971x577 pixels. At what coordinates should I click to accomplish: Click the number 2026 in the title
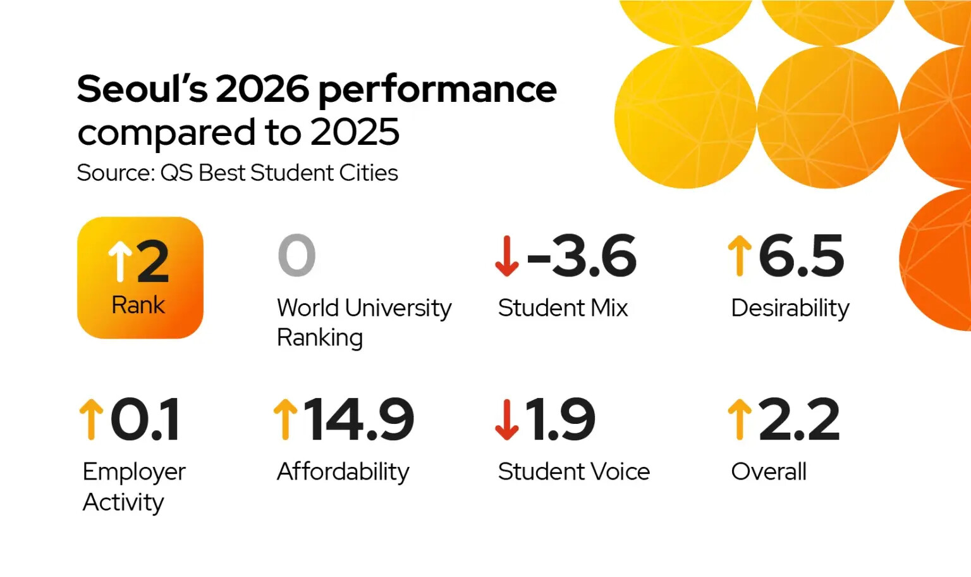click(263, 89)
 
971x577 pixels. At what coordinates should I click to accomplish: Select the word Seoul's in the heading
click(142, 89)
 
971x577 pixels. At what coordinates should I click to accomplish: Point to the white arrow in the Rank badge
click(119, 261)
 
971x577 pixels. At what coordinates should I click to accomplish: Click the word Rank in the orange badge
click(138, 305)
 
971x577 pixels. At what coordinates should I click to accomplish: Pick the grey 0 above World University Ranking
click(296, 255)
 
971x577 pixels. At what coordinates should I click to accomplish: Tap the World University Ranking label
click(364, 322)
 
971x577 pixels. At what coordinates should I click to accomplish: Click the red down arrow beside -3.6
click(506, 256)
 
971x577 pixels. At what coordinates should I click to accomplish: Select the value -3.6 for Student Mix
click(581, 256)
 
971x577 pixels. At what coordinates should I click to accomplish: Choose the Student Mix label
click(563, 308)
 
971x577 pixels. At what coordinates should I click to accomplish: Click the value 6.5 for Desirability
click(801, 256)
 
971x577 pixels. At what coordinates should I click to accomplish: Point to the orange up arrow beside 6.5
click(739, 256)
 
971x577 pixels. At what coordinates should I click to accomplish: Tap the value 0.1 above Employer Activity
click(145, 419)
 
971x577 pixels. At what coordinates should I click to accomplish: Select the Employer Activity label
click(134, 487)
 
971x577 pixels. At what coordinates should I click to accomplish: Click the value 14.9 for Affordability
click(358, 419)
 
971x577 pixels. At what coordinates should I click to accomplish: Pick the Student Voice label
click(573, 472)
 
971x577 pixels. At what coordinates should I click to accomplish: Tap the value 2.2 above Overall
click(798, 419)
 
